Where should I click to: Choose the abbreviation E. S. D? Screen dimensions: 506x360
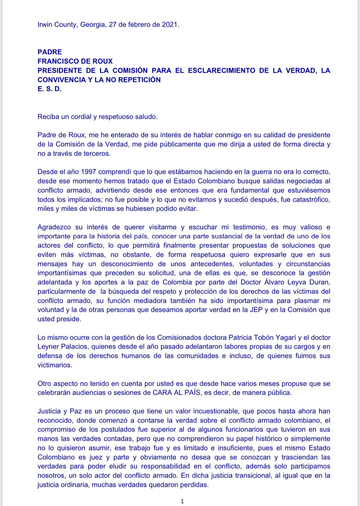point(49,89)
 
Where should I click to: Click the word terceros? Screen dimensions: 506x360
point(97,154)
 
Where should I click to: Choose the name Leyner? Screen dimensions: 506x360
point(48,347)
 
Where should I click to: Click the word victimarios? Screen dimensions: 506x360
point(54,365)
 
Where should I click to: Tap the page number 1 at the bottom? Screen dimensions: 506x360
point(182,501)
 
